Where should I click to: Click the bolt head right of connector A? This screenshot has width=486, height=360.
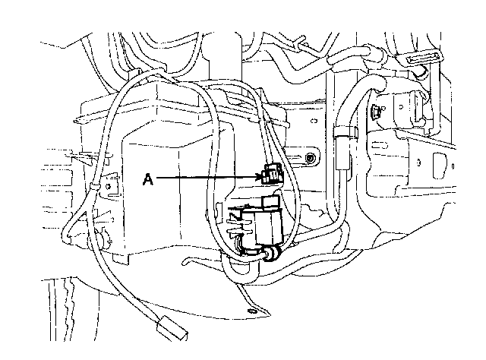311,159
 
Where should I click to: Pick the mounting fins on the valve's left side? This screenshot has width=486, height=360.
235,221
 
